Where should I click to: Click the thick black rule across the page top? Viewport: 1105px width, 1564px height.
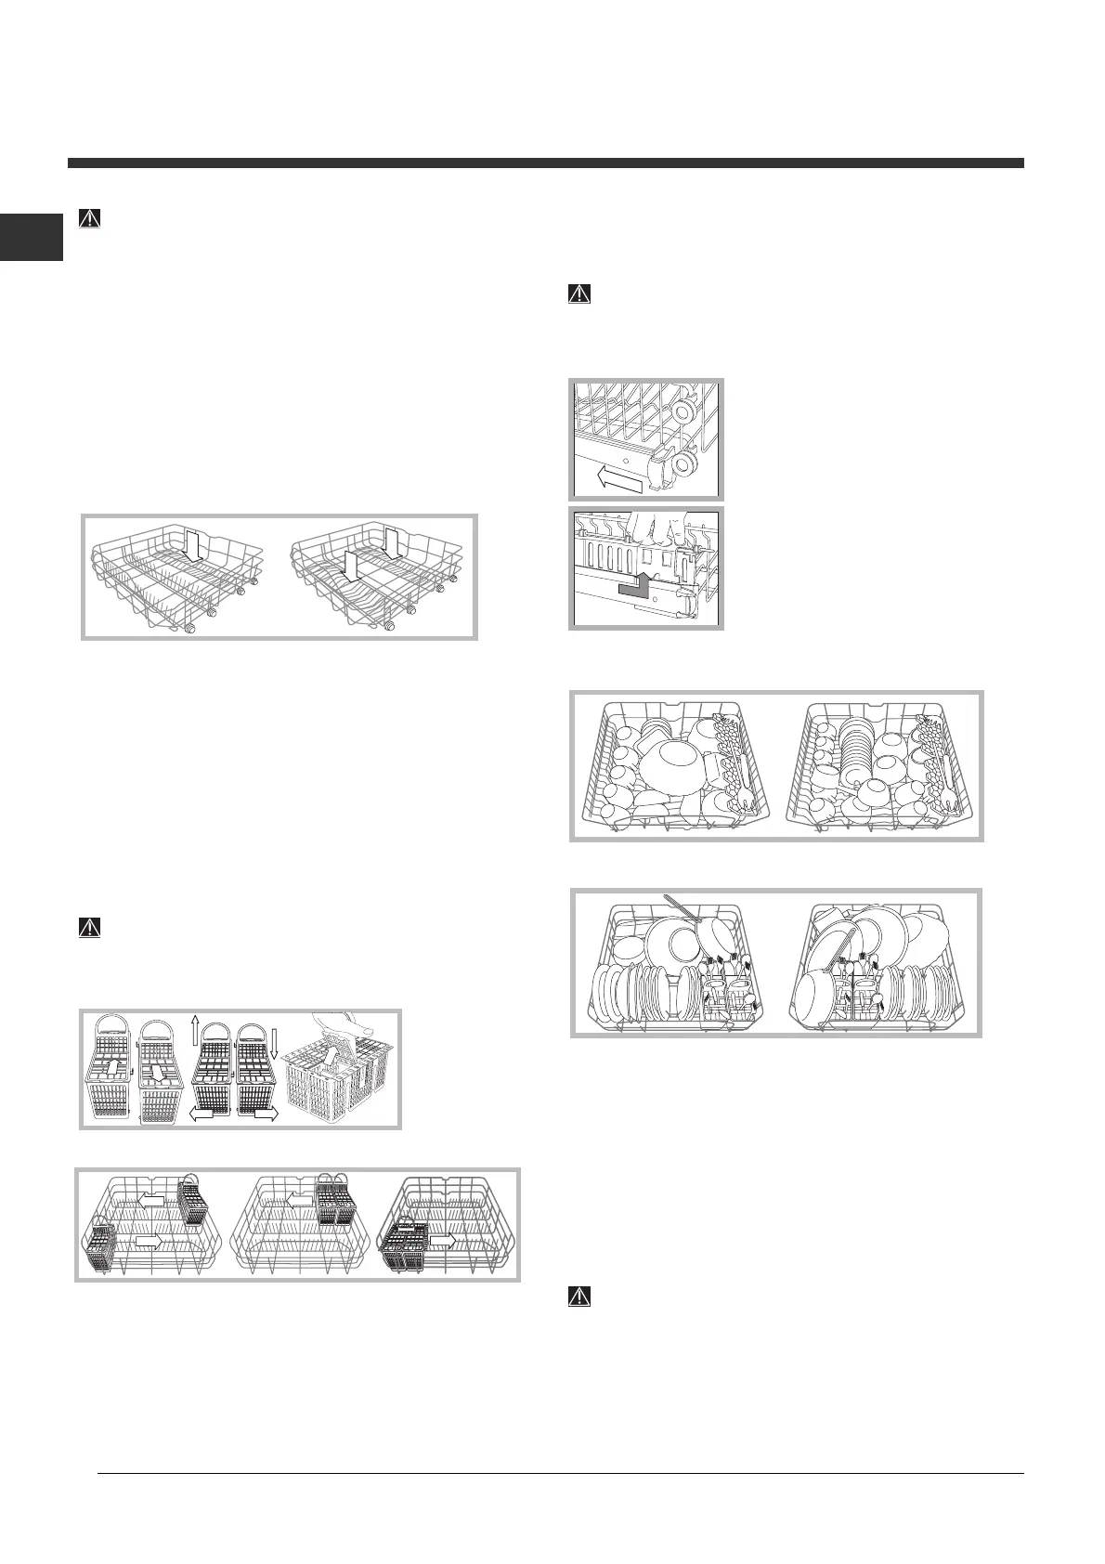[545, 163]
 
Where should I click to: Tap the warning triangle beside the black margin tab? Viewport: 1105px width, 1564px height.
[90, 219]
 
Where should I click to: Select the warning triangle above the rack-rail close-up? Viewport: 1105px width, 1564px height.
[578, 293]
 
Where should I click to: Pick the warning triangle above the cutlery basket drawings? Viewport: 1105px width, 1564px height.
[90, 927]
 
